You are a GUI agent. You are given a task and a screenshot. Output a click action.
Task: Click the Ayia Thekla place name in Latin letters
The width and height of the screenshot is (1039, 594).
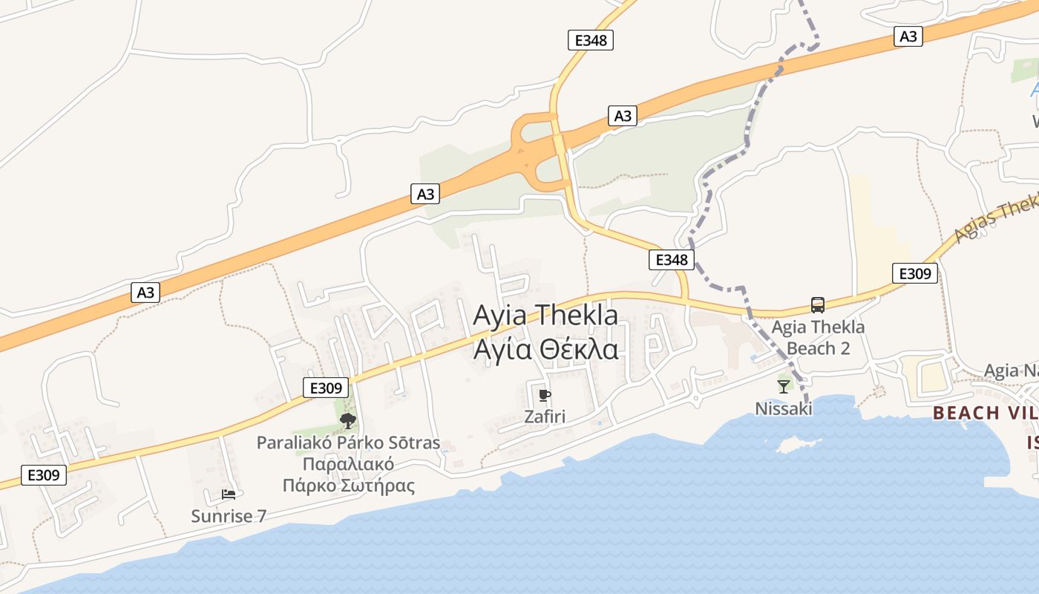(x=545, y=315)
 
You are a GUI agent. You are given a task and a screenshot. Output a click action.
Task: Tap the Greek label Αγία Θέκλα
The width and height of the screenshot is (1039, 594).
(x=545, y=348)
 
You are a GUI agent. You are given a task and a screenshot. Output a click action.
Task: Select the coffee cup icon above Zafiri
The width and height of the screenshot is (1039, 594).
(x=545, y=395)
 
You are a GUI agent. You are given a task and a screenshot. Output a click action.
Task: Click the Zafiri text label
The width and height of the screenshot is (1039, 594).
(x=545, y=417)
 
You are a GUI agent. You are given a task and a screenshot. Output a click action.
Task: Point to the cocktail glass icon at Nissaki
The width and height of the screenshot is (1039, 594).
(x=784, y=386)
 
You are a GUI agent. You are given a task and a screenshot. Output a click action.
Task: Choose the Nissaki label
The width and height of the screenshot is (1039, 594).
(x=784, y=408)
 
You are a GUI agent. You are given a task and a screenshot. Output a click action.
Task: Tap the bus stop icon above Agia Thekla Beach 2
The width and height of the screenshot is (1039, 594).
(x=818, y=304)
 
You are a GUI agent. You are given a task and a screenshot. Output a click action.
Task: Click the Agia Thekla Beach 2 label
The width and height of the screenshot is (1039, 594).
(x=818, y=338)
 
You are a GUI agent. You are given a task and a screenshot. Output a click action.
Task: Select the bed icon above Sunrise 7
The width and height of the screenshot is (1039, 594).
(x=229, y=495)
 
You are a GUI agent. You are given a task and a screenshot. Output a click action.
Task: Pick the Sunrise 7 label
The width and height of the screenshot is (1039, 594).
(x=229, y=516)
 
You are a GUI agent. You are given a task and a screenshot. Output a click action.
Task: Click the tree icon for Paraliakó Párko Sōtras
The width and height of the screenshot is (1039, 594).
(x=347, y=422)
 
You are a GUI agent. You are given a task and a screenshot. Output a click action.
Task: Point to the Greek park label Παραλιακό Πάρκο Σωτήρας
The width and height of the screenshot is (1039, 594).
(x=348, y=475)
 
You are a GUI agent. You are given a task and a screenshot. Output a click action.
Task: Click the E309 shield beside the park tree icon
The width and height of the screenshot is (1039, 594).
(x=326, y=387)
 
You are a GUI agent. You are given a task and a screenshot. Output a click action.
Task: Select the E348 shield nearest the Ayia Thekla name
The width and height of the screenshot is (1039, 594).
(x=672, y=259)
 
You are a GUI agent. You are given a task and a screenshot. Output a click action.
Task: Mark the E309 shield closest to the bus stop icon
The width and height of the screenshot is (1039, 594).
(x=914, y=273)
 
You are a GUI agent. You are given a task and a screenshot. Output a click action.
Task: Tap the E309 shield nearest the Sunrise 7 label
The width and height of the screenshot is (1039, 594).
(x=44, y=474)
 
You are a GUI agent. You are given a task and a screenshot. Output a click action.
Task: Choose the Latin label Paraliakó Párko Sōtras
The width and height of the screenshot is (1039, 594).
(x=348, y=443)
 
